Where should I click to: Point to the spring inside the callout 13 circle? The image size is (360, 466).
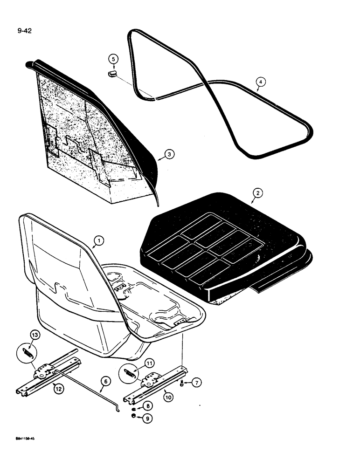point(29,354)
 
